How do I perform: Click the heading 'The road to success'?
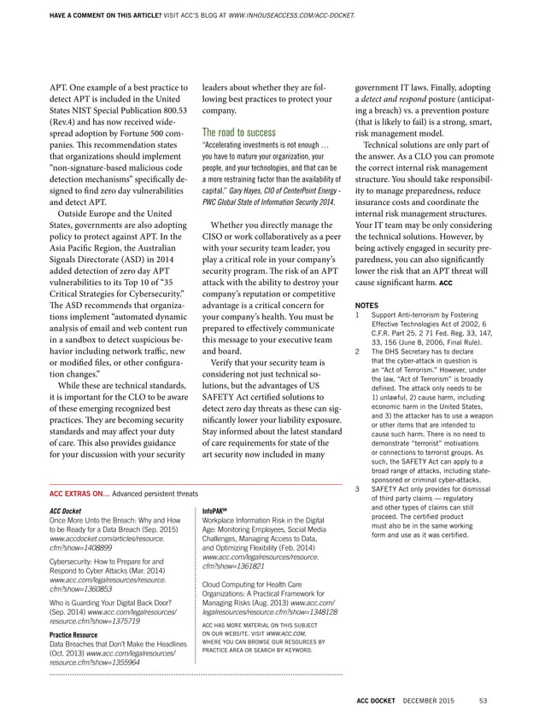tap(239, 132)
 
